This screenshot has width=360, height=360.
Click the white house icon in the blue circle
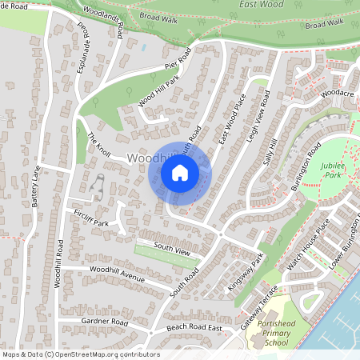click(180, 172)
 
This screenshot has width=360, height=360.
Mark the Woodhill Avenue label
click(117, 276)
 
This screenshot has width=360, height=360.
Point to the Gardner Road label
click(104, 322)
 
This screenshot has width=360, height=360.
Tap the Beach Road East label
click(194, 328)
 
